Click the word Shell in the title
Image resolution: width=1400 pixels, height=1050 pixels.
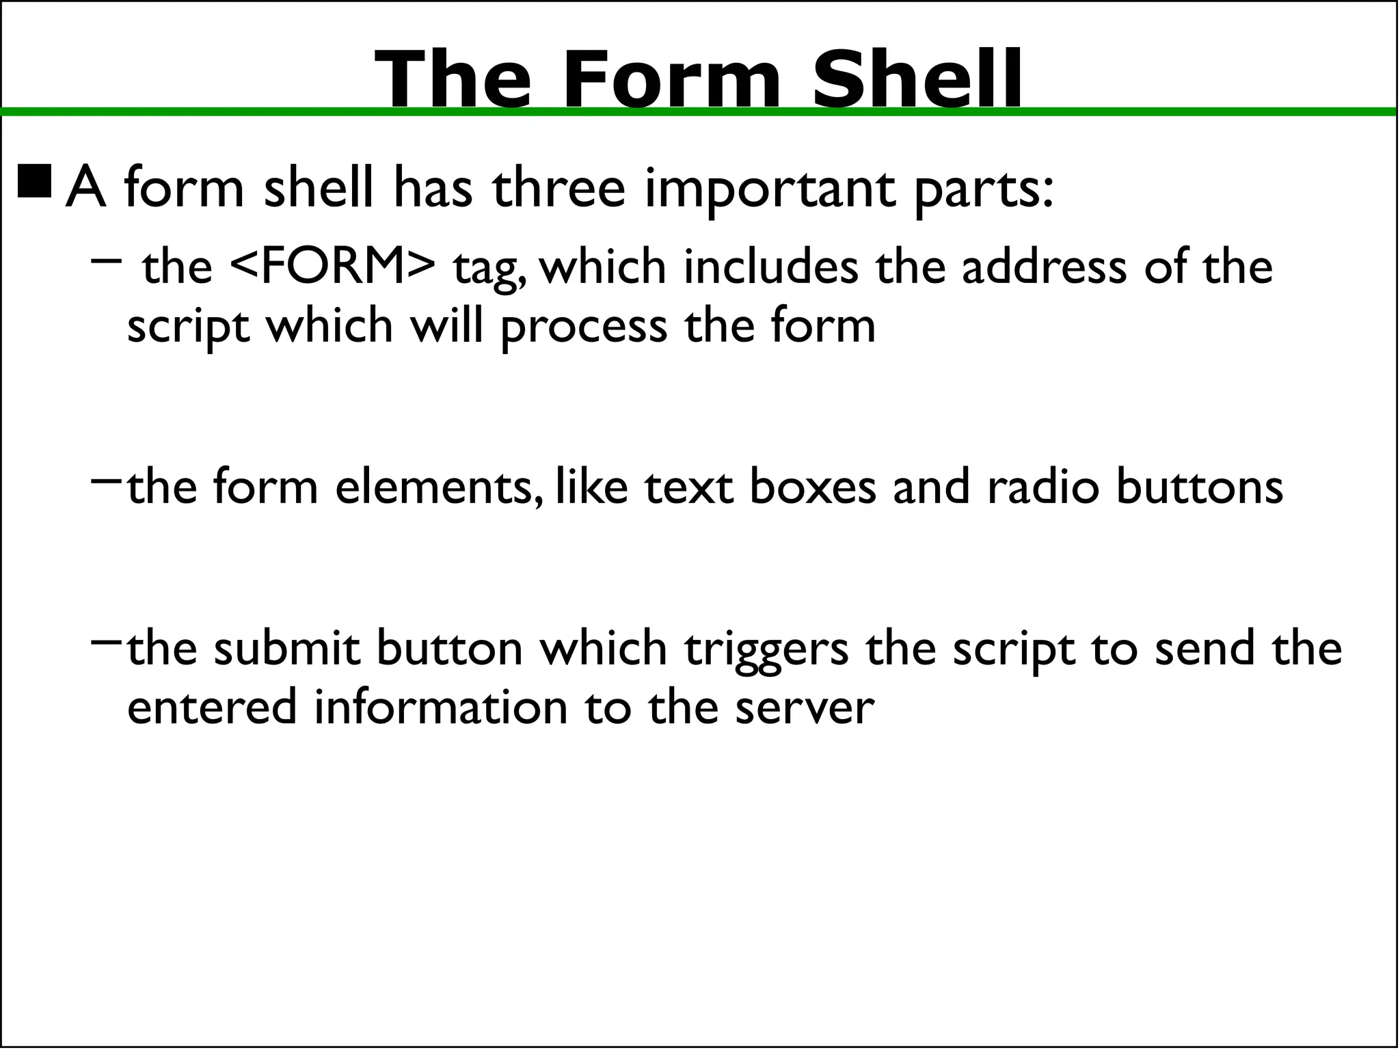click(917, 79)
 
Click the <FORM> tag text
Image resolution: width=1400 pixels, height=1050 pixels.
click(332, 266)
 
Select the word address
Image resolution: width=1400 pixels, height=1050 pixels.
click(1044, 266)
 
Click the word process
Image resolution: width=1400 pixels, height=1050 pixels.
click(584, 326)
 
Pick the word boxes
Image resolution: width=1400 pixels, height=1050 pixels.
click(813, 487)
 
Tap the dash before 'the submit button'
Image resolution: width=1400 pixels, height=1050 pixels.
click(106, 641)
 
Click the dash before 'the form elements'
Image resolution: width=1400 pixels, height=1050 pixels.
click(106, 480)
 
